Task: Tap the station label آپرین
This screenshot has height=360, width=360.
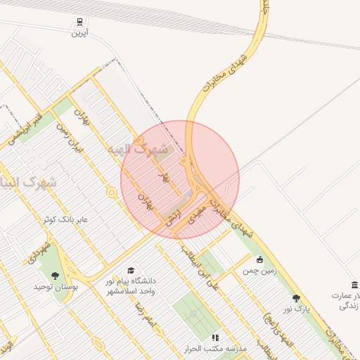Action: coord(79,32)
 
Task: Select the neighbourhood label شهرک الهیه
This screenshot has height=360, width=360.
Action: coord(138,149)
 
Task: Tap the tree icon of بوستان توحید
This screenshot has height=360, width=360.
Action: coord(56,276)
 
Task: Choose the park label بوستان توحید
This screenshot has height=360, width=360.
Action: coord(56,287)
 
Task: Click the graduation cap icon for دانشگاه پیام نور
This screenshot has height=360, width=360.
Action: coord(130,271)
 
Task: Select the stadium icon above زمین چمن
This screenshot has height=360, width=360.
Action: coord(260,259)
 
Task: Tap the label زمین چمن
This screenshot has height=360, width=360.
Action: coord(260,270)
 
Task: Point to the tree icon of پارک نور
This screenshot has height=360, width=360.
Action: coord(296,298)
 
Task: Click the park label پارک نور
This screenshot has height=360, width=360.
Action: coord(296,309)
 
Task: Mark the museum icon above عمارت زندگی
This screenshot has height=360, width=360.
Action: coord(354,285)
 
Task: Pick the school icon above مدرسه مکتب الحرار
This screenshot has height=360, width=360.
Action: coord(214,337)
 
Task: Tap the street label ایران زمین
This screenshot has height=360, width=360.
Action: coord(70,139)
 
